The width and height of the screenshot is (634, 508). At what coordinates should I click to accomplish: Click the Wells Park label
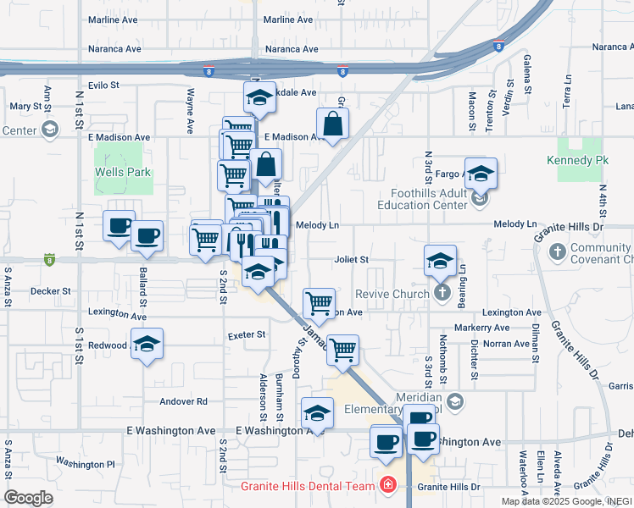click(123, 173)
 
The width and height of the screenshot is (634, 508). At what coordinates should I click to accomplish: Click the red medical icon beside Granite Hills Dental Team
click(387, 486)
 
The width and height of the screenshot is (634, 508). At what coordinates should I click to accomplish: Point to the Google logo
click(28, 498)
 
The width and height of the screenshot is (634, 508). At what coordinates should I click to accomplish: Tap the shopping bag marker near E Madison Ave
click(335, 124)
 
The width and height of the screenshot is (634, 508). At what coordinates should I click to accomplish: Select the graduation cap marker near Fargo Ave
click(481, 174)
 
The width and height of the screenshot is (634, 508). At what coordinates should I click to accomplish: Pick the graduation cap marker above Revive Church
click(440, 262)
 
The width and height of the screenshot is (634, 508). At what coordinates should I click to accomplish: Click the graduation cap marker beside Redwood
click(147, 345)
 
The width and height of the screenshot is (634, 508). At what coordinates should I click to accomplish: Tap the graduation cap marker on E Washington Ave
click(317, 413)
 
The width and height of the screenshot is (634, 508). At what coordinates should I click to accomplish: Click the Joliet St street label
click(352, 259)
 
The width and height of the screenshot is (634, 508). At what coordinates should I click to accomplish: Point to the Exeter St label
click(247, 335)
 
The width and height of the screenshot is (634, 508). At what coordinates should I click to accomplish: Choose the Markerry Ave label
click(481, 328)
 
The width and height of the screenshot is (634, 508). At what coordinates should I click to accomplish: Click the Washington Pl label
click(85, 464)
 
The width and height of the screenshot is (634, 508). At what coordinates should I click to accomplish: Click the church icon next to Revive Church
click(441, 293)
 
